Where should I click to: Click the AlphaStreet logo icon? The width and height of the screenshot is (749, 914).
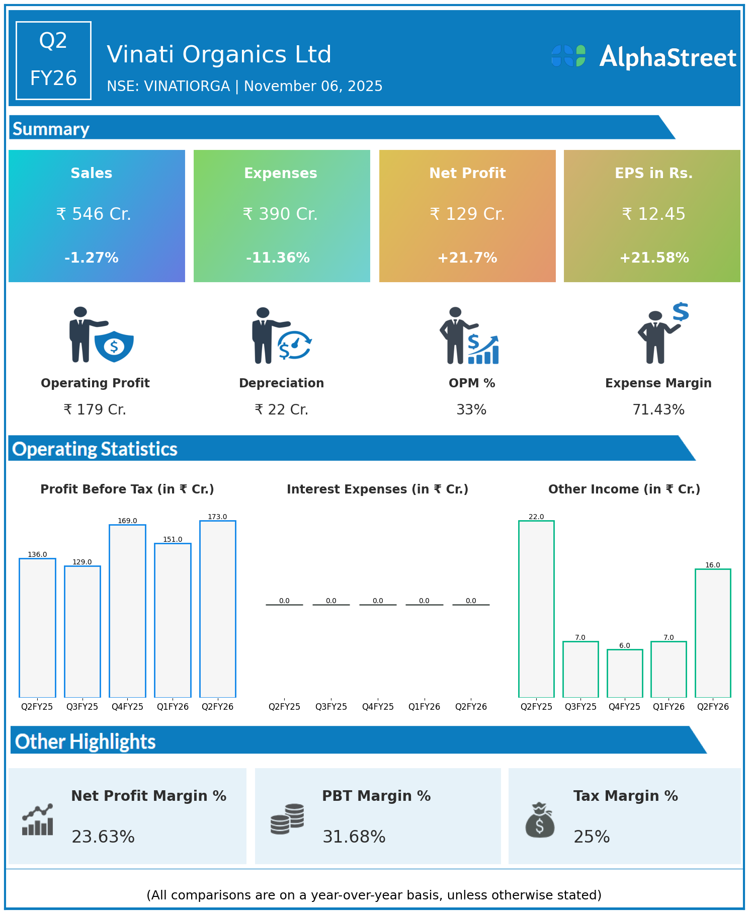(568, 56)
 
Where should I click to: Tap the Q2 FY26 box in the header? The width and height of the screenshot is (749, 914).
(53, 60)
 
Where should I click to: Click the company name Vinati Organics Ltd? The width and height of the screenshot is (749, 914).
(219, 54)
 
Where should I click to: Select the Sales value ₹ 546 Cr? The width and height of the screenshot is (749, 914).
(94, 214)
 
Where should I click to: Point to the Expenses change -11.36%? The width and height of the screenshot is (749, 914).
(278, 258)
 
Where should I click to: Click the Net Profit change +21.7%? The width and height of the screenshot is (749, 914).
(467, 258)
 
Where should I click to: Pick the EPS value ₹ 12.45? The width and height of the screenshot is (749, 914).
(653, 214)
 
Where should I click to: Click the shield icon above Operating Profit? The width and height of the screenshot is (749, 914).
(114, 346)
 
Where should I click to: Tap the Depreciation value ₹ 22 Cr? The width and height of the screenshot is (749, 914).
(281, 409)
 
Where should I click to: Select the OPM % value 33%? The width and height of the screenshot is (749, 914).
(471, 409)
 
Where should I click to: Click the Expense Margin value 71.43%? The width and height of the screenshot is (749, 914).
(658, 409)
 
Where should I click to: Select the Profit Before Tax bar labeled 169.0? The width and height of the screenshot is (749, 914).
(127, 611)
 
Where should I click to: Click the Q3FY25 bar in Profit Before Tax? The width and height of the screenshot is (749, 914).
(82, 631)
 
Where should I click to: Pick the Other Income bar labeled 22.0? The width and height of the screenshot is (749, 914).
(536, 609)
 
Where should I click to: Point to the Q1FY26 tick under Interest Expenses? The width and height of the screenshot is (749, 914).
(424, 706)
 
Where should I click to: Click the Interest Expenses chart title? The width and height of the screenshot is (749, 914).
(377, 489)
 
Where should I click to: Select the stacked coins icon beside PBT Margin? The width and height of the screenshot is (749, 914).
(287, 818)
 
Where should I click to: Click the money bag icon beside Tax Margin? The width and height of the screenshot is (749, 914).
(540, 819)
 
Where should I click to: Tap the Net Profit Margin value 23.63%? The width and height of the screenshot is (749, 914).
(103, 837)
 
